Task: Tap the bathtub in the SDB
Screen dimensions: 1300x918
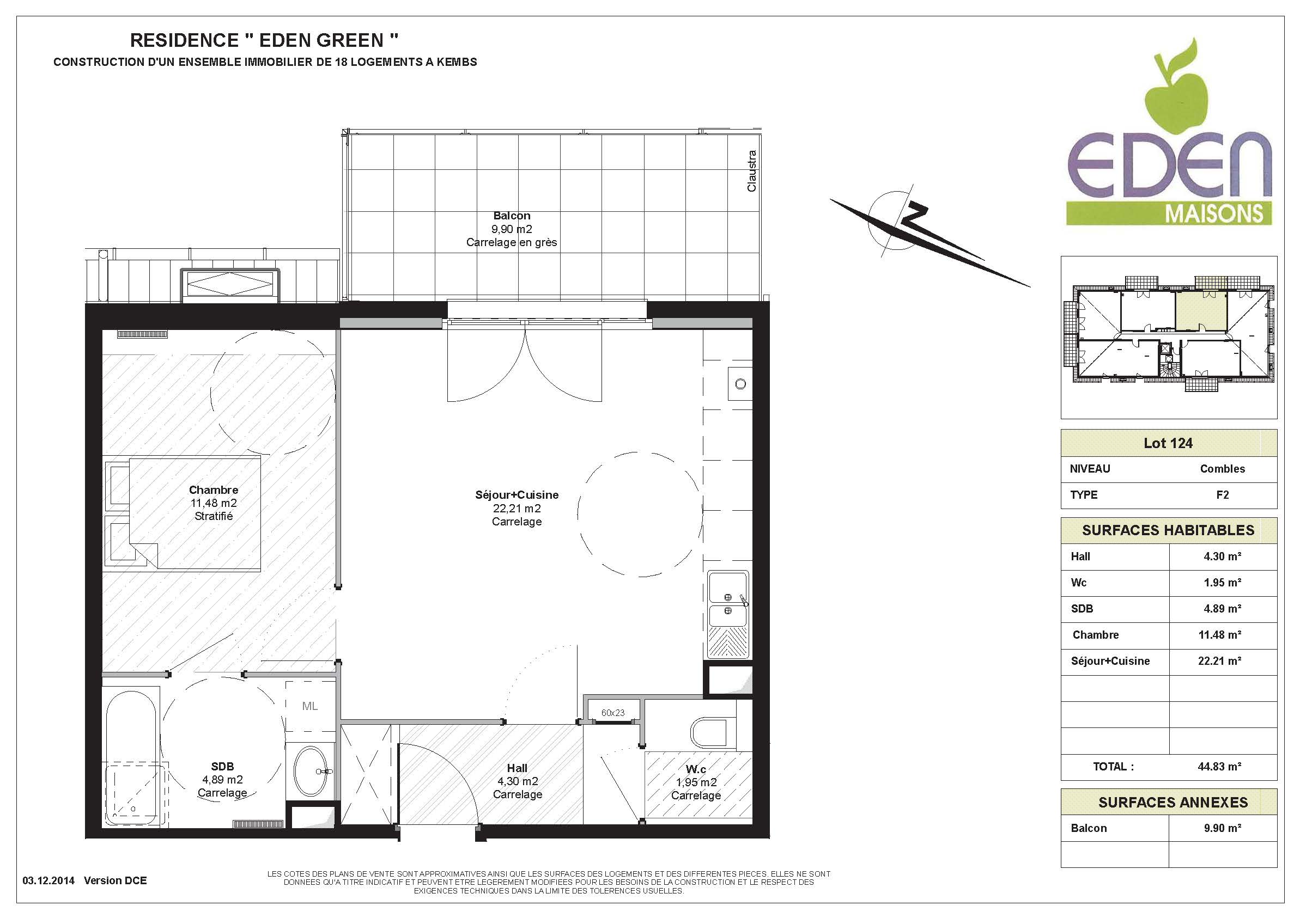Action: tap(131, 757)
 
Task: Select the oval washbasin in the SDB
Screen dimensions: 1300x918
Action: tap(312, 771)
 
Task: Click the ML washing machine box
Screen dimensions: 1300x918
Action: tap(310, 706)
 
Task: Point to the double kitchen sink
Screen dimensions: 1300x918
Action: tap(728, 614)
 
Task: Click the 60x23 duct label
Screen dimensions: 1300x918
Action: tap(612, 713)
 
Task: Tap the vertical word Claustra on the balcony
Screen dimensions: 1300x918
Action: tap(751, 171)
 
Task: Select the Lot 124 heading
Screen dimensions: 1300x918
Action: tap(1168, 443)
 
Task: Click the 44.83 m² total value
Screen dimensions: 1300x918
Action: tap(1219, 766)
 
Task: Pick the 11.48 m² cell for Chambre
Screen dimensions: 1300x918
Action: tap(1219, 634)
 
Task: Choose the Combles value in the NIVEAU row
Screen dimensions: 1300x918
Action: tap(1223, 469)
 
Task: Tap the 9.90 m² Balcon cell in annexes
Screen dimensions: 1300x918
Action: tap(1223, 828)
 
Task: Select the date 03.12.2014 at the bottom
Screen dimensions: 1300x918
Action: tap(48, 880)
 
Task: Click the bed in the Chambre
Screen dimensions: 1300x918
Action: tap(183, 512)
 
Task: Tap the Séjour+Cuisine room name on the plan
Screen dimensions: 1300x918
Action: tap(517, 494)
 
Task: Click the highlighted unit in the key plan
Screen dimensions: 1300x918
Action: tap(1200, 311)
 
